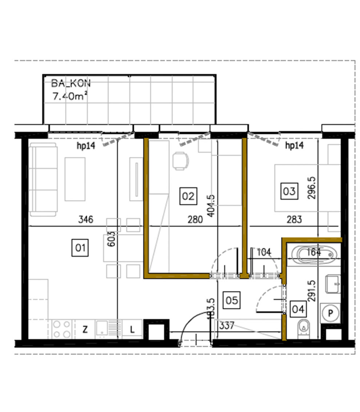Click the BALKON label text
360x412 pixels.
(71, 84)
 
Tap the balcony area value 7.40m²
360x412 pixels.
(71, 96)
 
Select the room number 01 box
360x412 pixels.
(80, 248)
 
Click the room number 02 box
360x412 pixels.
(188, 196)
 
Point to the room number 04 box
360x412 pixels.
(298, 309)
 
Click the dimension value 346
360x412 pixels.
(86, 219)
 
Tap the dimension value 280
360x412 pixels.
(195, 219)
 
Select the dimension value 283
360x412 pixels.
(294, 219)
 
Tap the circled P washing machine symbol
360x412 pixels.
(330, 312)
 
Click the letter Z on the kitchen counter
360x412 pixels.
(85, 330)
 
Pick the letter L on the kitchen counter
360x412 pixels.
(133, 330)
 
